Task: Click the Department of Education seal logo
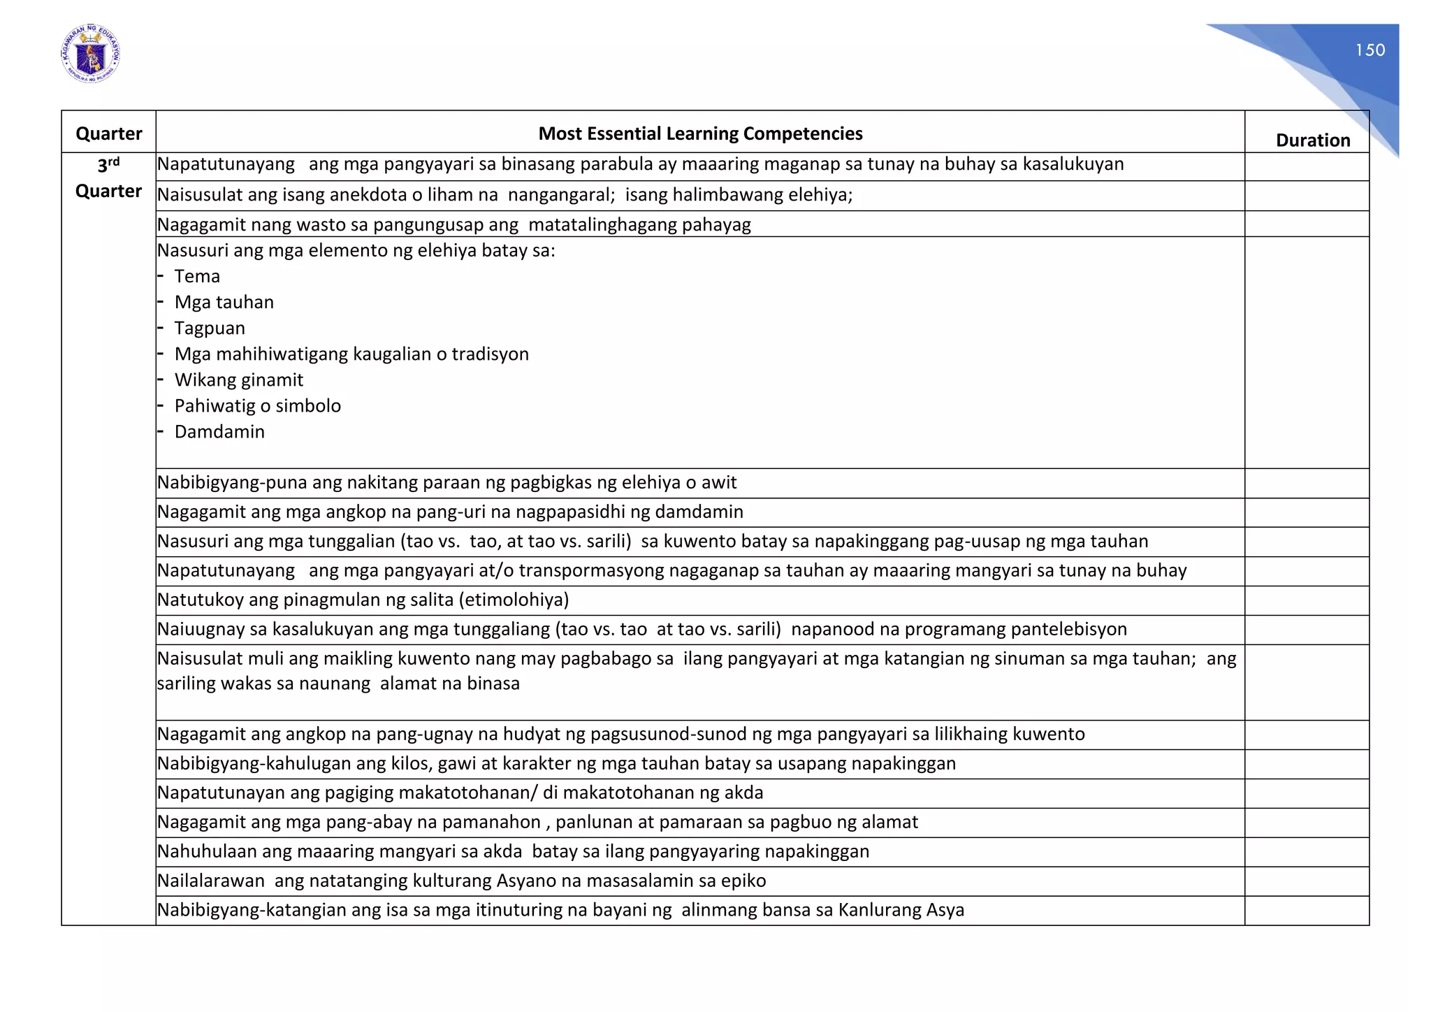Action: click(x=90, y=54)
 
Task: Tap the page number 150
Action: click(x=1370, y=50)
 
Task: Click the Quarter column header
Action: click(x=108, y=133)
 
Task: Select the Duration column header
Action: click(x=1312, y=140)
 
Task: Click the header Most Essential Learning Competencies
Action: click(x=700, y=133)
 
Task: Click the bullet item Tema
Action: click(x=197, y=276)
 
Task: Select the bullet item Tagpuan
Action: click(x=210, y=328)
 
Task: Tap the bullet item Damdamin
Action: click(x=219, y=431)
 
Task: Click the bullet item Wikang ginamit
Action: click(x=239, y=379)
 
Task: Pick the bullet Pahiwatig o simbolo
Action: click(x=257, y=405)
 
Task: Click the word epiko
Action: click(x=743, y=881)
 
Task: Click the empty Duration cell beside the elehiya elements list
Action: click(x=1306, y=352)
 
